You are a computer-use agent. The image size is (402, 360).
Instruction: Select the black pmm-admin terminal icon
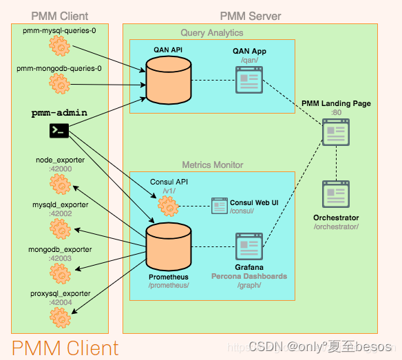click(x=59, y=129)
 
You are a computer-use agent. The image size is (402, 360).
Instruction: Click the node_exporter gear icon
click(x=61, y=184)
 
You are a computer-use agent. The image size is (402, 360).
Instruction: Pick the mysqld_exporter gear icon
click(x=61, y=229)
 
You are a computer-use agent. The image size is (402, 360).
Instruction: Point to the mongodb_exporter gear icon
click(x=61, y=273)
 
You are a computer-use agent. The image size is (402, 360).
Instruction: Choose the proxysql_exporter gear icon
click(x=61, y=317)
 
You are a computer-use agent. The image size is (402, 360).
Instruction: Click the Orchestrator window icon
click(x=336, y=195)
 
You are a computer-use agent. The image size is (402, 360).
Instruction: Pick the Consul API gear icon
click(x=168, y=205)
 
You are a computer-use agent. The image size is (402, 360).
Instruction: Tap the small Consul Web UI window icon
click(x=220, y=205)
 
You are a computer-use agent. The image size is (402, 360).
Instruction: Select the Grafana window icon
click(x=248, y=246)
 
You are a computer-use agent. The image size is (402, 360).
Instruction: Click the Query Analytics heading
click(x=211, y=32)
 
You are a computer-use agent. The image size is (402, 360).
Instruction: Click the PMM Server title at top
click(x=250, y=16)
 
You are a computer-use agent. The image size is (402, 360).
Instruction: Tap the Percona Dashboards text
click(x=248, y=276)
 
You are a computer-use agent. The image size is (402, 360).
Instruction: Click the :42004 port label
click(x=60, y=302)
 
